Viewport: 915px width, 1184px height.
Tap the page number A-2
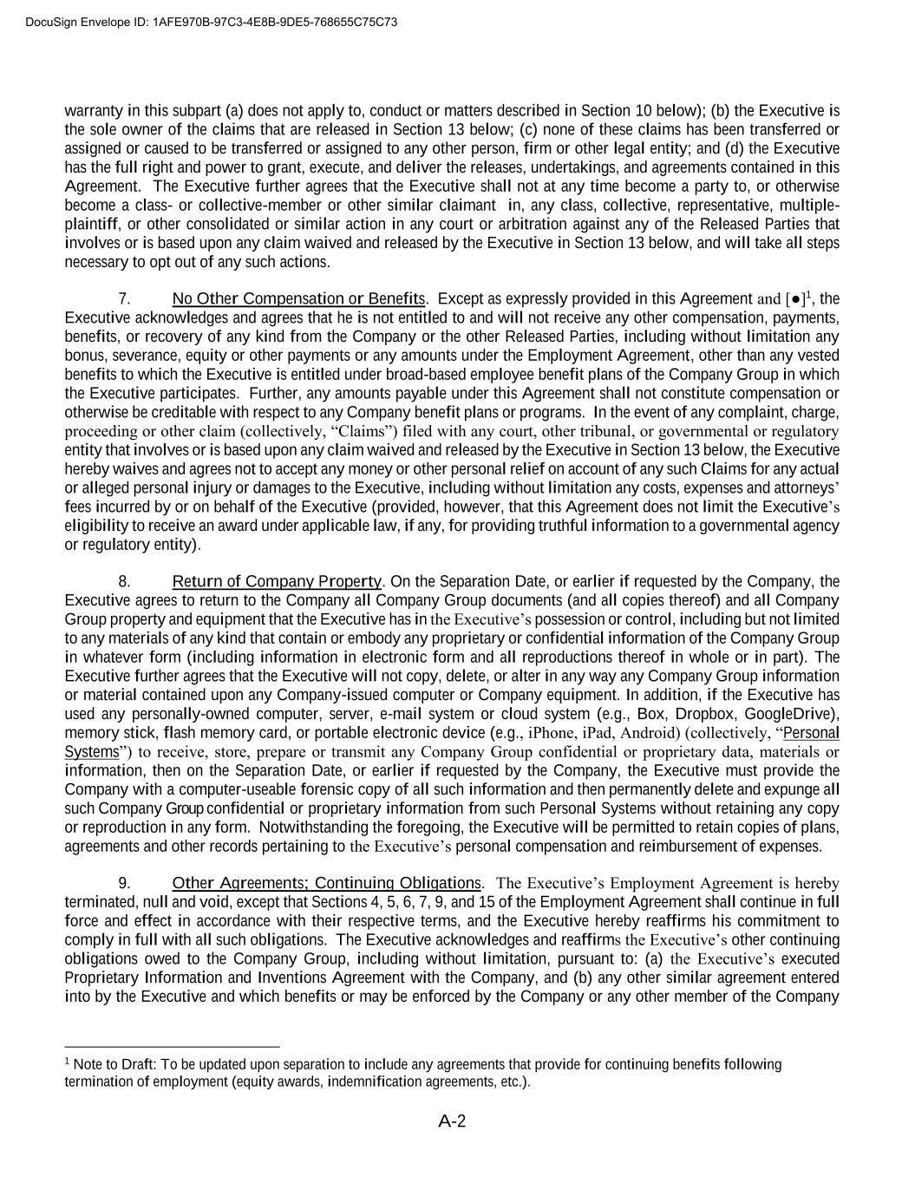452,1122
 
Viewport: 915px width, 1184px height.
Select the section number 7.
124,299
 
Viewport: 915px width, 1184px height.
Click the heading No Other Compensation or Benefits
299,299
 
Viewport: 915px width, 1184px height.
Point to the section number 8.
124,581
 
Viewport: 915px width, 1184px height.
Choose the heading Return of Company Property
277,581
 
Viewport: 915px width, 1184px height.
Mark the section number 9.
124,883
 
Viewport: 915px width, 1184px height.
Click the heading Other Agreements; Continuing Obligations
326,883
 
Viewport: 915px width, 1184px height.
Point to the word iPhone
551,733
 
